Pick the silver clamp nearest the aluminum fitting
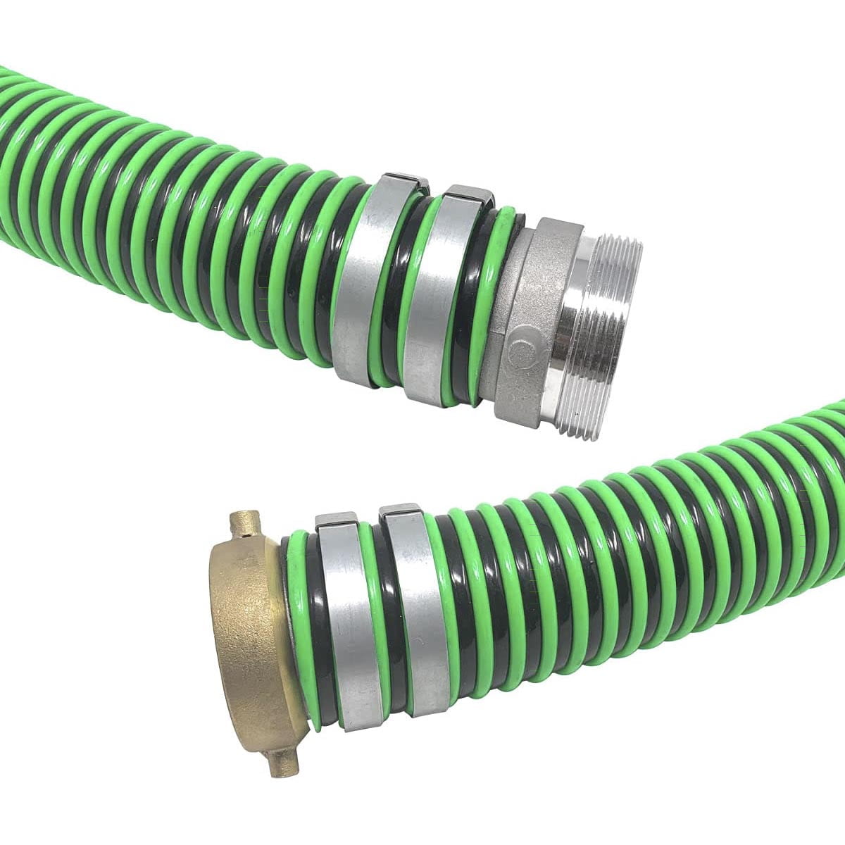pyautogui.click(x=437, y=296)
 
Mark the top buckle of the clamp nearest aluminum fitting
pyautogui.click(x=468, y=194)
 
